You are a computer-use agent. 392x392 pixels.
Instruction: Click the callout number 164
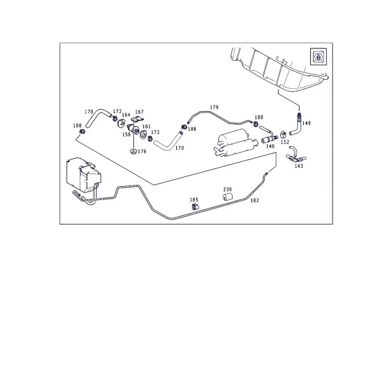126,115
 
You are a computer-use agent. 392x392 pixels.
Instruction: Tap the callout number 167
139,112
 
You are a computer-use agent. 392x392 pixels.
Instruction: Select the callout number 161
146,127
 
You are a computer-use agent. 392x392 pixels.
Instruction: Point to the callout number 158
127,135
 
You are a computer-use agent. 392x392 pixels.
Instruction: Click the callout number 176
142,152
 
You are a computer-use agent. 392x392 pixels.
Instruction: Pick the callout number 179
214,107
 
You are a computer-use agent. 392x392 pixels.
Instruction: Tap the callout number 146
270,146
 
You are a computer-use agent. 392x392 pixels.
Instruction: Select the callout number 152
285,142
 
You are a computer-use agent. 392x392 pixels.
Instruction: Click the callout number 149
306,123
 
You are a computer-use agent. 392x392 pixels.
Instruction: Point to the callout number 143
299,166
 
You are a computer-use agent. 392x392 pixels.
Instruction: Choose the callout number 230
227,189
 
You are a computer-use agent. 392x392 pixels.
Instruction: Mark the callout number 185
194,200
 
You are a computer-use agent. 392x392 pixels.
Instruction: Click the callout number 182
255,201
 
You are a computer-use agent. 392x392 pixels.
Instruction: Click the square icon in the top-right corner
318,57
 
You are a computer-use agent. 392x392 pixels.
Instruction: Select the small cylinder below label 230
227,197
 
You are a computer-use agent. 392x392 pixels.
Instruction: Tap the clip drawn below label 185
195,207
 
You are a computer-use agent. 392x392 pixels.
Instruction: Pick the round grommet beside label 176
133,151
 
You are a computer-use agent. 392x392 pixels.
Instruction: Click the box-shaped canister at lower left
84,176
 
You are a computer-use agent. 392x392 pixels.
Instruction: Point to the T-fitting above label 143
296,155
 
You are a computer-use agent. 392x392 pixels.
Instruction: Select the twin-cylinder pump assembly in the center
234,143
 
